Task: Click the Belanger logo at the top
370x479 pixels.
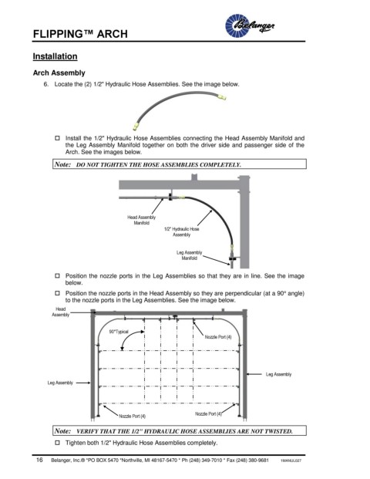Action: point(250,25)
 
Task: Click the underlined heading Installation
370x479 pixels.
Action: point(55,56)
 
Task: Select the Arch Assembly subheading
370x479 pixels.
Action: point(59,73)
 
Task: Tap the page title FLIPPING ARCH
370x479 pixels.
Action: point(80,34)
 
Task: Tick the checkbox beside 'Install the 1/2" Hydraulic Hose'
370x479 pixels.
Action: point(57,138)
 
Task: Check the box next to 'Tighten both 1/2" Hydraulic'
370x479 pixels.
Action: point(57,442)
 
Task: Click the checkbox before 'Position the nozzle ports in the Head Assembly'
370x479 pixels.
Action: point(57,293)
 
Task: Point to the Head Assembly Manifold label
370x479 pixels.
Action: point(141,220)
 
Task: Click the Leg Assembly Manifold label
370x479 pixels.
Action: point(190,255)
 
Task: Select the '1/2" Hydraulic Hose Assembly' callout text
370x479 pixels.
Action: point(182,231)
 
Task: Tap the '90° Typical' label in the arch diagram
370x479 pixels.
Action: point(119,332)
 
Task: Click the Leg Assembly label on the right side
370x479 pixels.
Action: point(278,374)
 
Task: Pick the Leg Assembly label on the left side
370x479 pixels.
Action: point(60,383)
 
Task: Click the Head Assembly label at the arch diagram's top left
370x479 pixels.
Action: point(60,312)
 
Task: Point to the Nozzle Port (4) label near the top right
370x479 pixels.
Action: point(218,337)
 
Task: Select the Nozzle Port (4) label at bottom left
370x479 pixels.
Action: point(132,416)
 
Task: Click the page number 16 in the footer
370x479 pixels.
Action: point(39,460)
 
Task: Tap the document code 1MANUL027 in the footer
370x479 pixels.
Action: point(291,460)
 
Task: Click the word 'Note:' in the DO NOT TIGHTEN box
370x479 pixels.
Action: point(62,164)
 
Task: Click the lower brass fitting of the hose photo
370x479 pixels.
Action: point(136,126)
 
